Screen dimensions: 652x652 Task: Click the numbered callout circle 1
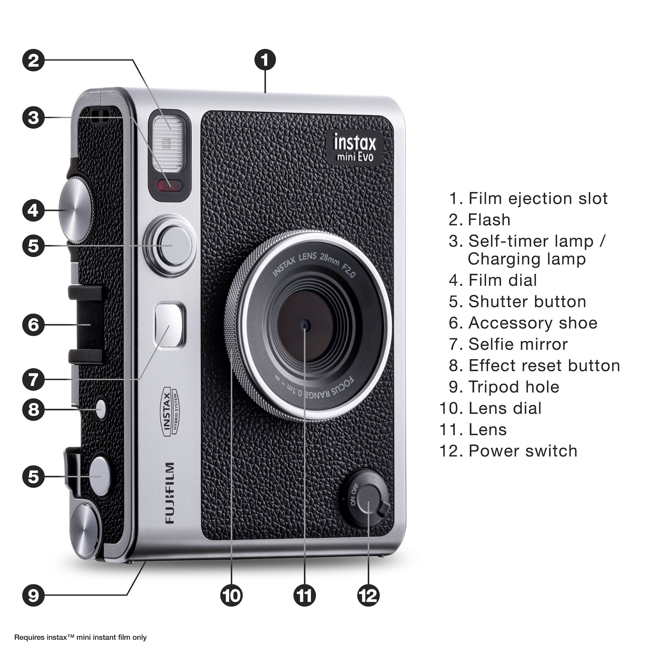tap(265, 60)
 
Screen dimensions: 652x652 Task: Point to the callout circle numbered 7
tap(33, 379)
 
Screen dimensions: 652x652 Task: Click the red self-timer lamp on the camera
tap(170, 185)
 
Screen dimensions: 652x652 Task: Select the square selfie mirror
tap(170, 324)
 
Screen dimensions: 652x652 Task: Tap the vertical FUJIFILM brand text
tap(170, 493)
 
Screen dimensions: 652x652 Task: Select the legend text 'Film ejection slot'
tap(538, 198)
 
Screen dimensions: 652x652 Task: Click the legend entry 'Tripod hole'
tap(514, 387)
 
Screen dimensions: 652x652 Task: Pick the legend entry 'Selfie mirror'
tap(518, 344)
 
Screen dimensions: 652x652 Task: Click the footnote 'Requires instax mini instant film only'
tap(80, 637)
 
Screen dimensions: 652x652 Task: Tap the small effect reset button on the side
tap(100, 409)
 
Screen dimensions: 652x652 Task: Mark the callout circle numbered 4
tap(33, 210)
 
